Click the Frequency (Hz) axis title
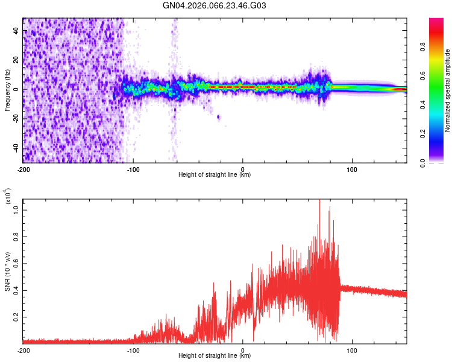(7, 91)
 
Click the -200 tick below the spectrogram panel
(23, 169)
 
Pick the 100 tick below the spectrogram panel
(352, 169)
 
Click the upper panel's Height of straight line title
(215, 175)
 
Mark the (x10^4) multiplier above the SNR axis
(8, 197)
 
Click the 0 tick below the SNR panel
(242, 350)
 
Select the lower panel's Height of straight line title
(215, 356)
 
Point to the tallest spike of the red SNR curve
(319, 200)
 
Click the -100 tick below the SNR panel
(133, 350)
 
